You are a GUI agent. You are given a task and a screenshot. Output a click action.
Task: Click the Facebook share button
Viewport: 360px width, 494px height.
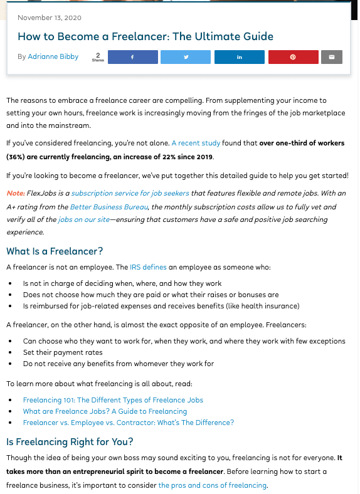coord(132,57)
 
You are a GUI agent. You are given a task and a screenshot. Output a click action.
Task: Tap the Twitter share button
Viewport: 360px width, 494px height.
coord(186,57)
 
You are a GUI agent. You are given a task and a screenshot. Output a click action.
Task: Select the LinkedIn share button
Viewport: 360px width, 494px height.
coord(239,57)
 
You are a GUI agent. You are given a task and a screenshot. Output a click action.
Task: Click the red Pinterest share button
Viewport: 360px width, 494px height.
coord(292,57)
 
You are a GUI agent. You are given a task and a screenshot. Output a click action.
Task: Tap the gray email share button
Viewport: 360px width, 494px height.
coord(332,57)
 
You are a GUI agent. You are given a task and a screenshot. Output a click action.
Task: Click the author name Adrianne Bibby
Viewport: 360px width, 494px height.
coord(53,57)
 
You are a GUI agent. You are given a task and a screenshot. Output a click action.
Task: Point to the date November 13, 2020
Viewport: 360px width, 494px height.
coord(50,18)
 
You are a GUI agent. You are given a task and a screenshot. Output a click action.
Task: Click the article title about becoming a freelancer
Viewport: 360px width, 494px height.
coord(146,36)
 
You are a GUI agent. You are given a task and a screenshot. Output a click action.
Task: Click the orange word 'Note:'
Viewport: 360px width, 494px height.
coord(16,193)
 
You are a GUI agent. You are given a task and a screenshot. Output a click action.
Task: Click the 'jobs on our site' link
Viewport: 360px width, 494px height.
coord(83,219)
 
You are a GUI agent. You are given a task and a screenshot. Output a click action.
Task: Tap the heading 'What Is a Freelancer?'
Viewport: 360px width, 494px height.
coord(55,251)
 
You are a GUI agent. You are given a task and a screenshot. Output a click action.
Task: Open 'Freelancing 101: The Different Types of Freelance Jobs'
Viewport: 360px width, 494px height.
coord(113,400)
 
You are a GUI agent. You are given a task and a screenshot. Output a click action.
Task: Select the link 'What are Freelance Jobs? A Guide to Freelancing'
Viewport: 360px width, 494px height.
coord(105,411)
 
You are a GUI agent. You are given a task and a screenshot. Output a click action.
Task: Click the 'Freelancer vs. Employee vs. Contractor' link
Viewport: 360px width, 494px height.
coord(128,423)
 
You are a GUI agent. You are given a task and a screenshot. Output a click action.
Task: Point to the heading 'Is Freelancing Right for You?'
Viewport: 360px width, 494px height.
coord(69,442)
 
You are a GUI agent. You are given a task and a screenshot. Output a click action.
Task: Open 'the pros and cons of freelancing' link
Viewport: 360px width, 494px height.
coord(212,485)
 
